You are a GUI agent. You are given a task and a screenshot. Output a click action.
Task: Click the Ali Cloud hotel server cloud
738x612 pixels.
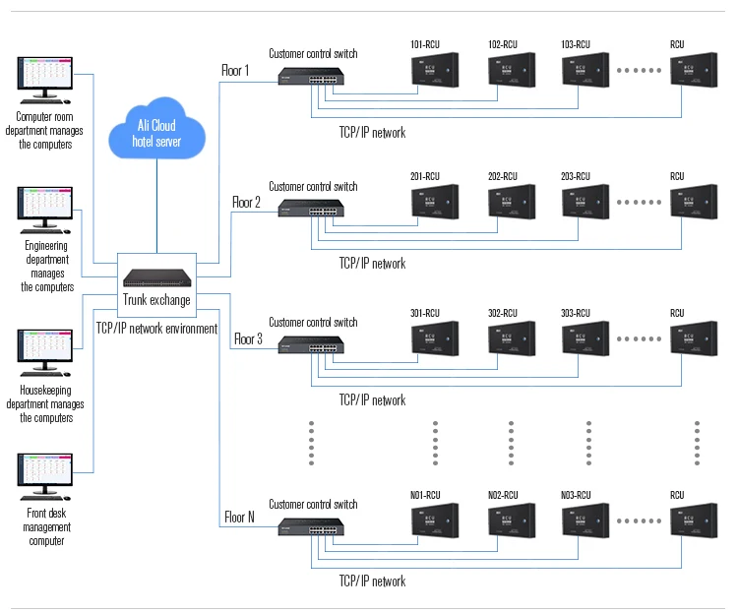tap(157, 133)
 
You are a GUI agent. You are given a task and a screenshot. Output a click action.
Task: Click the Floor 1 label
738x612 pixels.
tap(235, 71)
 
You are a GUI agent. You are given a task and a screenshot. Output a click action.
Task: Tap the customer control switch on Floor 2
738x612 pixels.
tap(312, 211)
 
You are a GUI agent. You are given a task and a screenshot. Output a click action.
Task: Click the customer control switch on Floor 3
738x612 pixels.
tap(312, 346)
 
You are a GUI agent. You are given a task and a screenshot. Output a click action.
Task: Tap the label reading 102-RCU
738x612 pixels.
tap(502, 44)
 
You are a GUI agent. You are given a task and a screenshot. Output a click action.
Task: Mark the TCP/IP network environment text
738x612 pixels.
tap(156, 329)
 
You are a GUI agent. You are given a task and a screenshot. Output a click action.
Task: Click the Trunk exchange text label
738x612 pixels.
tap(156, 301)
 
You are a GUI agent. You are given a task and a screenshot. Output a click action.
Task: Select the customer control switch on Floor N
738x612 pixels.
tap(312, 529)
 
